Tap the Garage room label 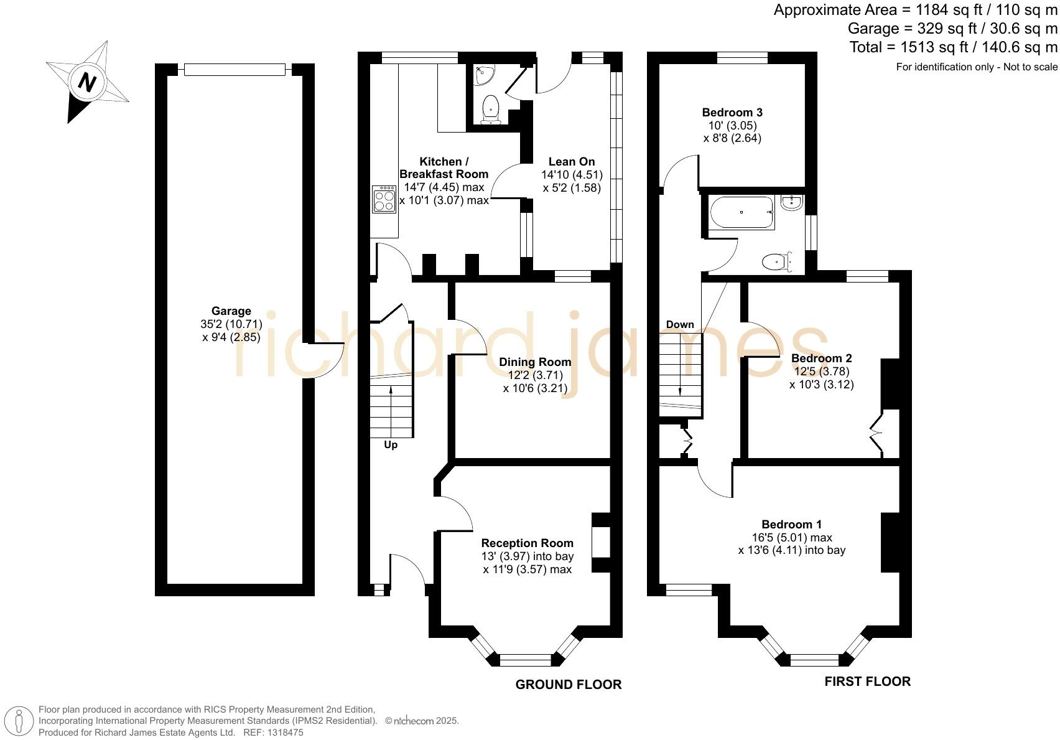click(231, 311)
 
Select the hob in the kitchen click(384, 199)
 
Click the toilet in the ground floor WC click(491, 109)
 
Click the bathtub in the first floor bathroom click(741, 212)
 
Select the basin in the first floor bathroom click(792, 202)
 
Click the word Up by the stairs click(391, 444)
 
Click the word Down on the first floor click(680, 324)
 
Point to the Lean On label click(572, 161)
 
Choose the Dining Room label click(535, 362)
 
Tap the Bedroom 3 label click(732, 112)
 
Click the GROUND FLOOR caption click(569, 685)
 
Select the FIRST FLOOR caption click(867, 681)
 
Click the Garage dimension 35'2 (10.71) click(231, 324)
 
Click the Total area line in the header click(953, 47)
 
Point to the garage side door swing click(327, 360)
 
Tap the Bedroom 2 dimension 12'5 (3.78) click(822, 371)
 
